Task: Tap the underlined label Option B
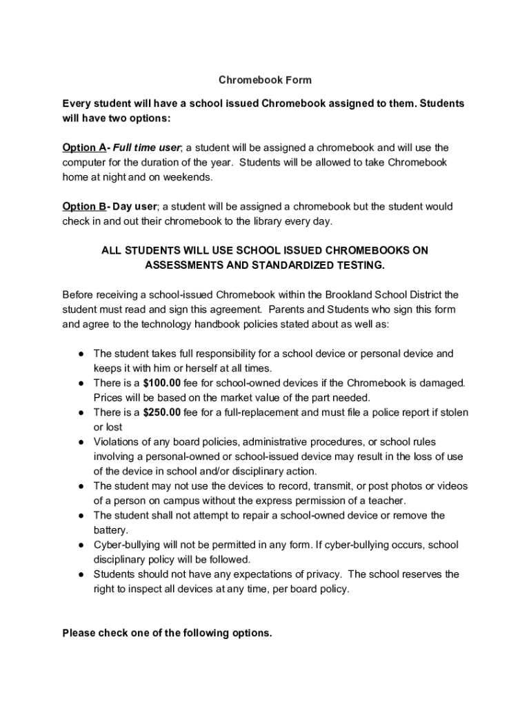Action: click(83, 206)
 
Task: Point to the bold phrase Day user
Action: click(136, 206)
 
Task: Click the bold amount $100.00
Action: click(163, 383)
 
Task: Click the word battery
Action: click(111, 530)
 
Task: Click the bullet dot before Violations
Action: click(81, 442)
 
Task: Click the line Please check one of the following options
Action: click(168, 633)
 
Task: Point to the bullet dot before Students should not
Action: click(81, 574)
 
